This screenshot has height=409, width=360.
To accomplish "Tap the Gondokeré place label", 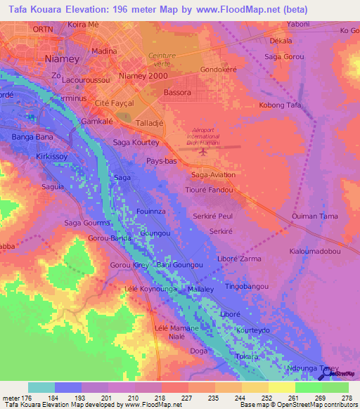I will [221, 70].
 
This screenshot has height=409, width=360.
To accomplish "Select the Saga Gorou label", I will [285, 56].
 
